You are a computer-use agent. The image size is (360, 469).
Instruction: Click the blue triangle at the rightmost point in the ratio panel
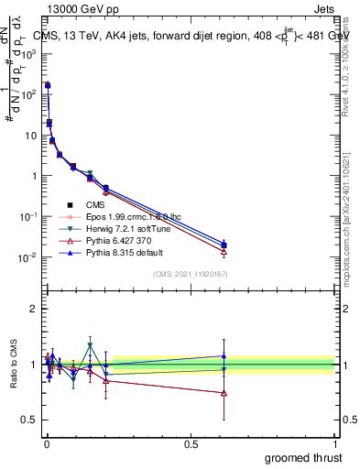(x=224, y=355)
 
